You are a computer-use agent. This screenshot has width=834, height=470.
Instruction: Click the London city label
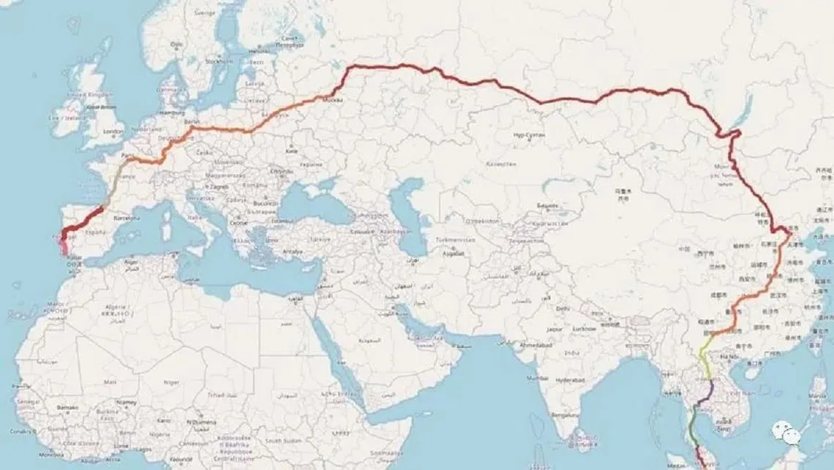[x=113, y=132]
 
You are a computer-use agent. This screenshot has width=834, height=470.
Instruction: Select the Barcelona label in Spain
[x=126, y=217]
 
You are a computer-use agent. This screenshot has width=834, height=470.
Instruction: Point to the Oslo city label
[x=176, y=44]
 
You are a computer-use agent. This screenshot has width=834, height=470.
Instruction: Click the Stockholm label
[x=218, y=62]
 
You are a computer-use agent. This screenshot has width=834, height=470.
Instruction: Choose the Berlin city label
[x=192, y=121]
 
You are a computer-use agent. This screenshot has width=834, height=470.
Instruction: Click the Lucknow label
[x=604, y=330]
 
